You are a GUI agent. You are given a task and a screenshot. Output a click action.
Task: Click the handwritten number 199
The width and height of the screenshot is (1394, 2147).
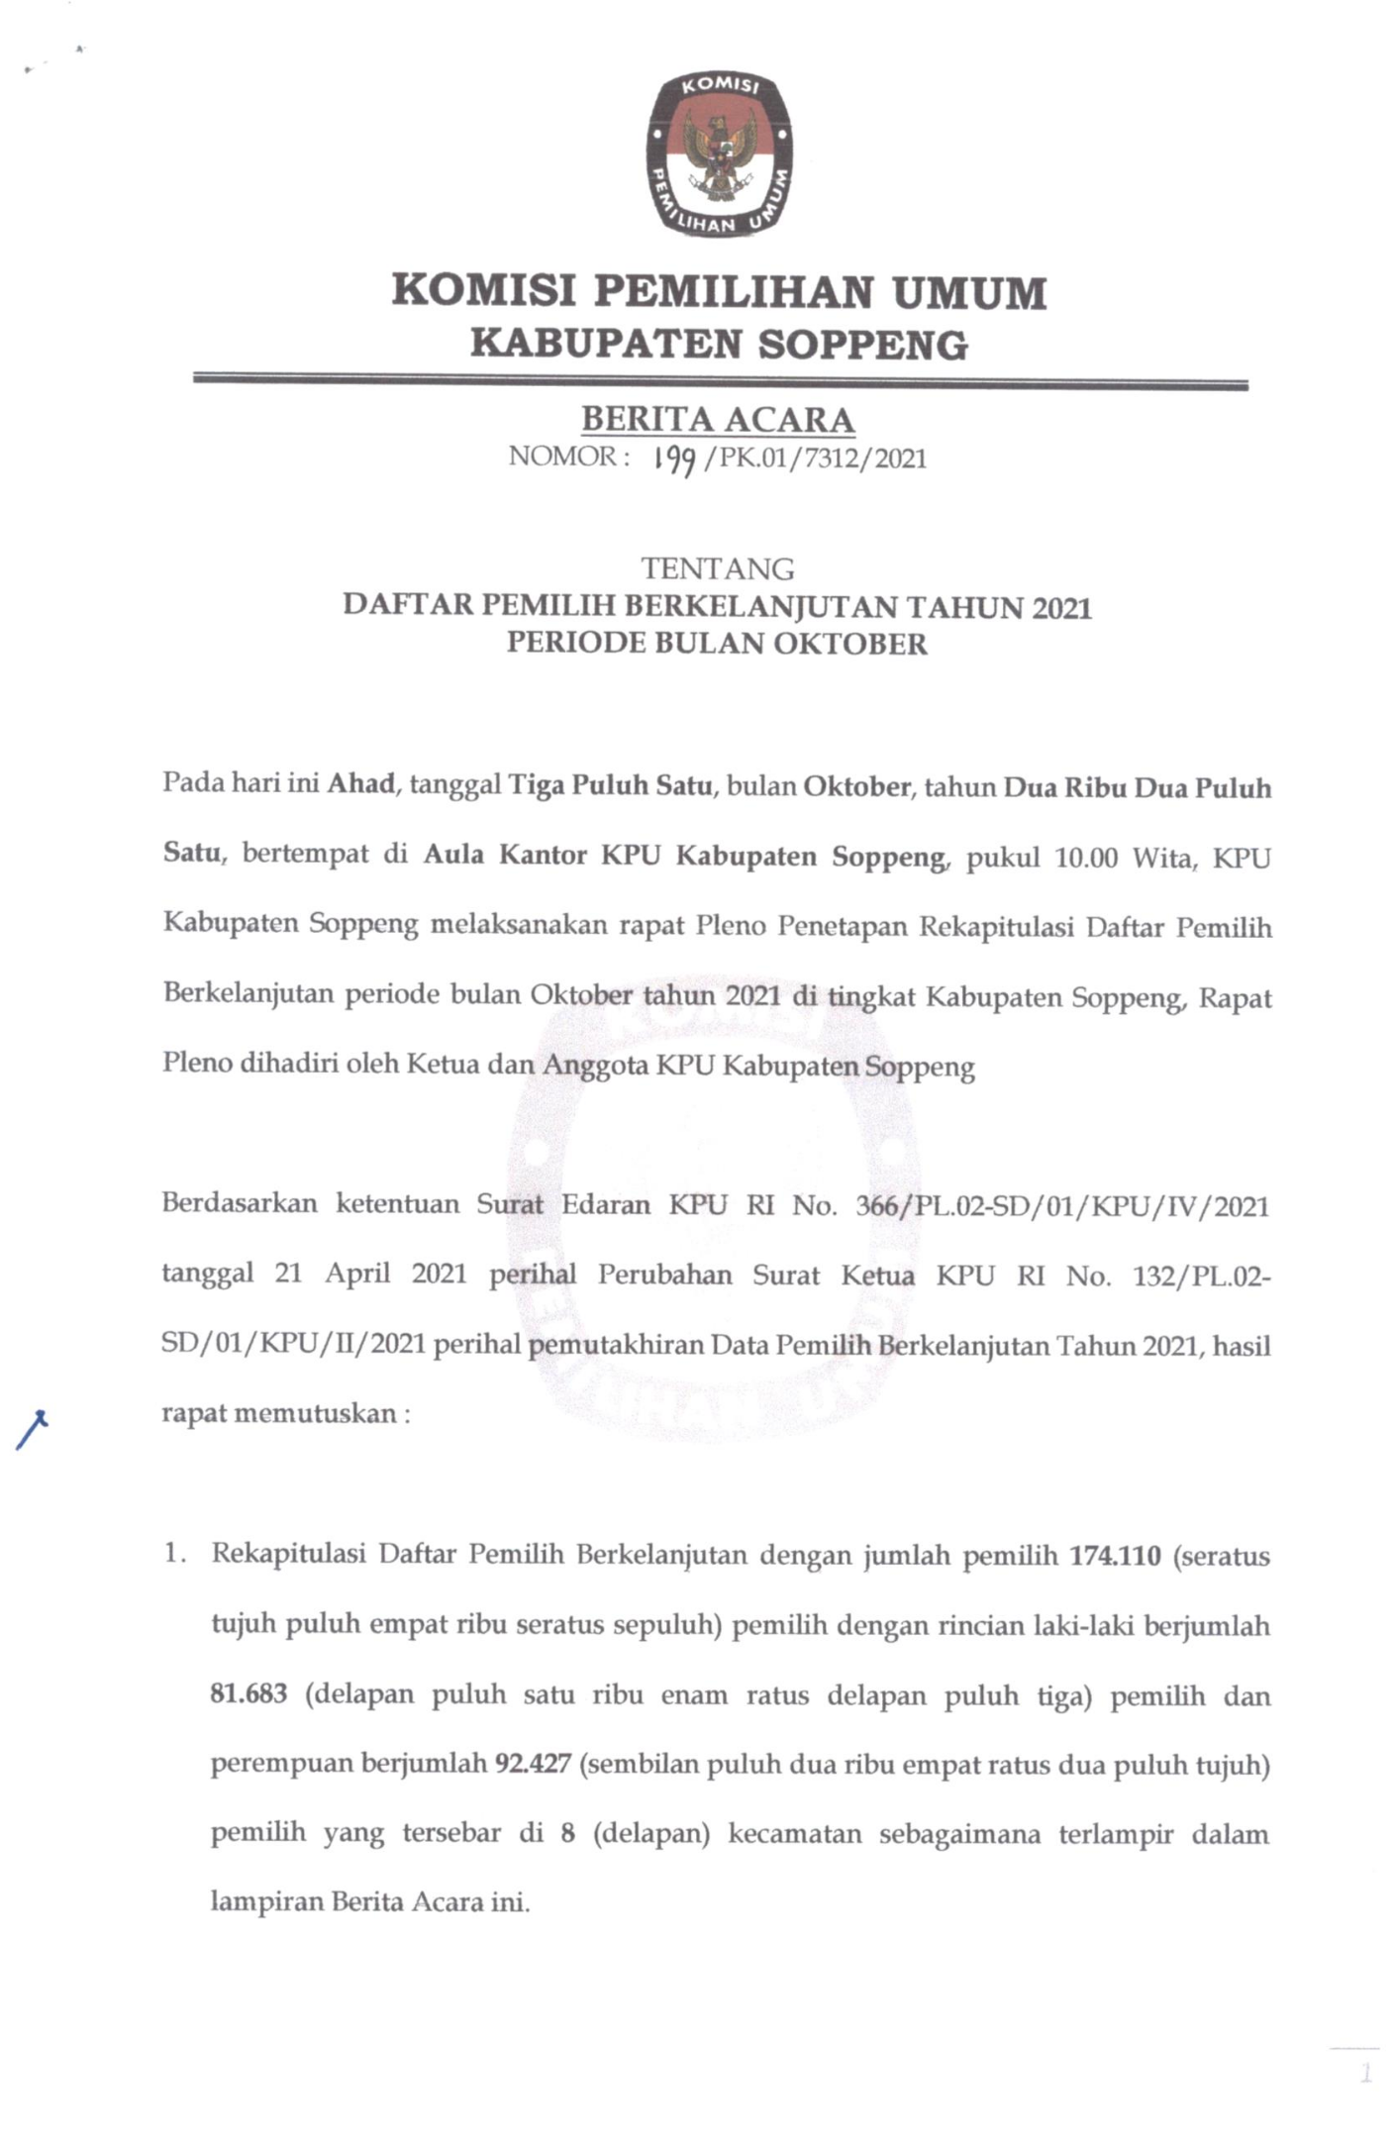(x=671, y=460)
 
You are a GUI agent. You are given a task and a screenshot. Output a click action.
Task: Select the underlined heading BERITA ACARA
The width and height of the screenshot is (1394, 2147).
(x=718, y=420)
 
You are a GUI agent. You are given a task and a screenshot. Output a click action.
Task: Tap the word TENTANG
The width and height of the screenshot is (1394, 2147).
(x=718, y=568)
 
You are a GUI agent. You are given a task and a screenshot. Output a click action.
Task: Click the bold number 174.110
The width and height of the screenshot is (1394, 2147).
(x=1115, y=1555)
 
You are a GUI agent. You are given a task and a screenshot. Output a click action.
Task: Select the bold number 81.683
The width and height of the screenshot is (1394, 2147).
(x=249, y=1693)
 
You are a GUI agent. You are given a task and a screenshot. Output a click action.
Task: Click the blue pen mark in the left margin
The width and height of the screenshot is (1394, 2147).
(x=32, y=1430)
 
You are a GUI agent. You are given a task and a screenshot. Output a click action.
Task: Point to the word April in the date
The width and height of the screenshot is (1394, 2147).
(x=357, y=1274)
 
